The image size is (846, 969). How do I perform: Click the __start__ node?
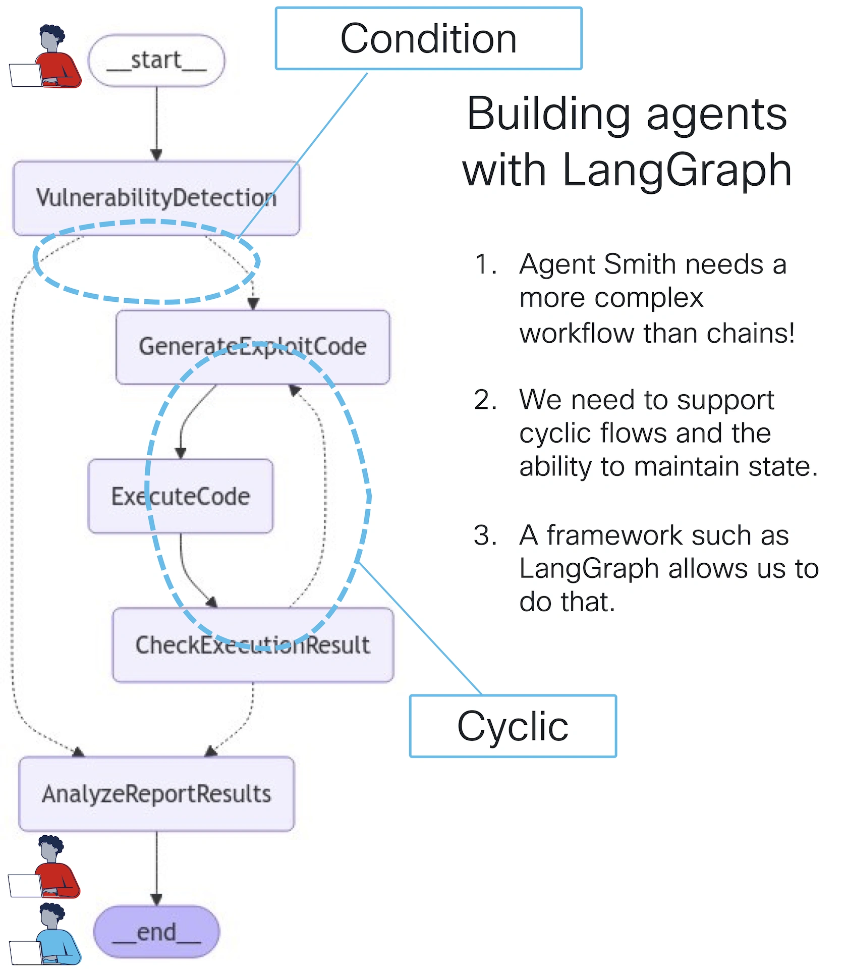(x=156, y=61)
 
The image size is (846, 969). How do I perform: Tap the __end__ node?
(x=156, y=932)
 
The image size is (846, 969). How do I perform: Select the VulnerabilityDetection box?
(x=156, y=198)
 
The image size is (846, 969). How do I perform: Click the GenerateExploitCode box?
(x=253, y=347)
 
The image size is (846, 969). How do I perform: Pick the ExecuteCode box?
(x=181, y=496)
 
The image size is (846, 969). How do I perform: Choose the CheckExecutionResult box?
(x=253, y=645)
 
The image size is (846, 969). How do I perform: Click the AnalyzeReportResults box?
(x=156, y=794)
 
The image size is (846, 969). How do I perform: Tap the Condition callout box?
(x=428, y=38)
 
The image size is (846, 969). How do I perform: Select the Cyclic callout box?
(x=513, y=726)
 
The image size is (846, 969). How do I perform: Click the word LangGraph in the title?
(x=676, y=170)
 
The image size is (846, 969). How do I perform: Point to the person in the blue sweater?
(x=50, y=934)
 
